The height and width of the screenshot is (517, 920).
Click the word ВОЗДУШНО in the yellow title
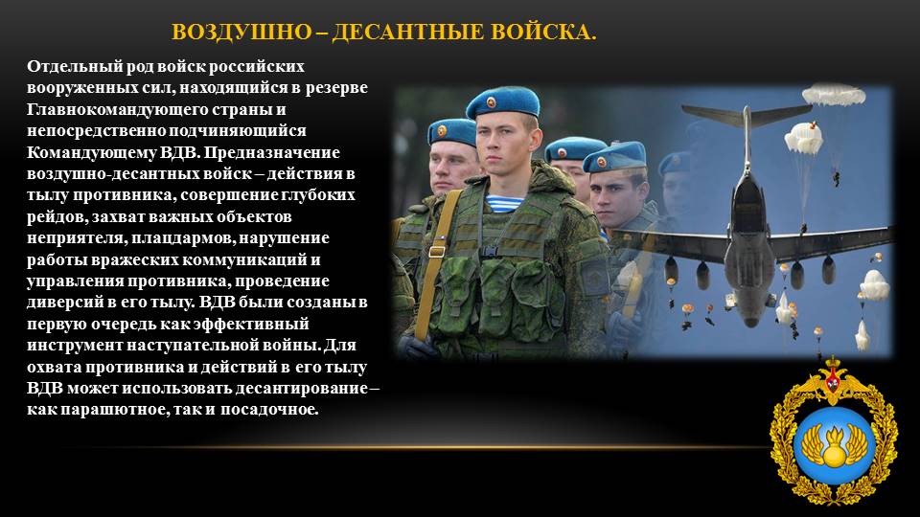(x=241, y=32)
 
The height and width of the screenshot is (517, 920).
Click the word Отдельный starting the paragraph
(x=75, y=67)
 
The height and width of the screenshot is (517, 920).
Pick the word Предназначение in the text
(x=272, y=152)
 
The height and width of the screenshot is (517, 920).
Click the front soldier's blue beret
(x=502, y=102)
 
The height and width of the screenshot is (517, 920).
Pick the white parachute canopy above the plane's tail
(x=833, y=94)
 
